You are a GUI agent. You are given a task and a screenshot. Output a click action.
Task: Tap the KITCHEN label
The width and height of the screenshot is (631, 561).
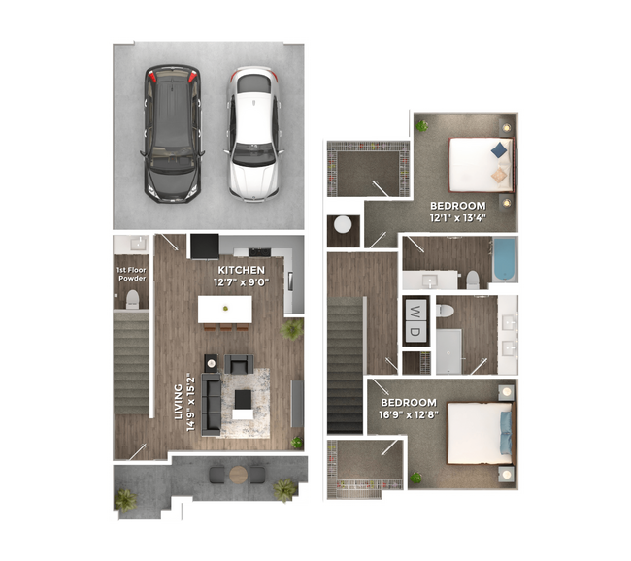[241, 270]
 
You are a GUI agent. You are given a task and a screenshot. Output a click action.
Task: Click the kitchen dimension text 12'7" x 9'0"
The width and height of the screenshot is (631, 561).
[241, 282]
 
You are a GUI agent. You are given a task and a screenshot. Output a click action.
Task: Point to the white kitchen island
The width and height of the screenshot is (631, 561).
[225, 309]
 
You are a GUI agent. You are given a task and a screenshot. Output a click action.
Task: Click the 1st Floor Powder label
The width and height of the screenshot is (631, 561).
[131, 274]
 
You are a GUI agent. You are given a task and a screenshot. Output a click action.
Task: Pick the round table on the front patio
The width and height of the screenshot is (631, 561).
[239, 475]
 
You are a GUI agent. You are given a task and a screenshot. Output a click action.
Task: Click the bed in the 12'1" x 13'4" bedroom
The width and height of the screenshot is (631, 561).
[481, 163]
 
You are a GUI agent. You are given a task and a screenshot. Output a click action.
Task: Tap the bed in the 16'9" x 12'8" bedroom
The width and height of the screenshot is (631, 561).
[478, 433]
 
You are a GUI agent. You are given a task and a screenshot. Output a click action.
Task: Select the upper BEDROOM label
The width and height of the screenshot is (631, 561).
[457, 206]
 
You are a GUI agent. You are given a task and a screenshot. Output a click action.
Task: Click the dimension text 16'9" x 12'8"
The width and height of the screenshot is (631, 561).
[409, 414]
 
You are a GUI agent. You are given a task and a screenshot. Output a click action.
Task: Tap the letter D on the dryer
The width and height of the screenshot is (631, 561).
[415, 332]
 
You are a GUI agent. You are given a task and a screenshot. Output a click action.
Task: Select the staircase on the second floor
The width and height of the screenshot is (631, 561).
[346, 364]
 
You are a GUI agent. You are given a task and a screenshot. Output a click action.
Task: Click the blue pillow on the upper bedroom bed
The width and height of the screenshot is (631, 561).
[499, 149]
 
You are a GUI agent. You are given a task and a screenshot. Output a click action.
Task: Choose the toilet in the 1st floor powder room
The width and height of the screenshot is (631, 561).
[131, 301]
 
